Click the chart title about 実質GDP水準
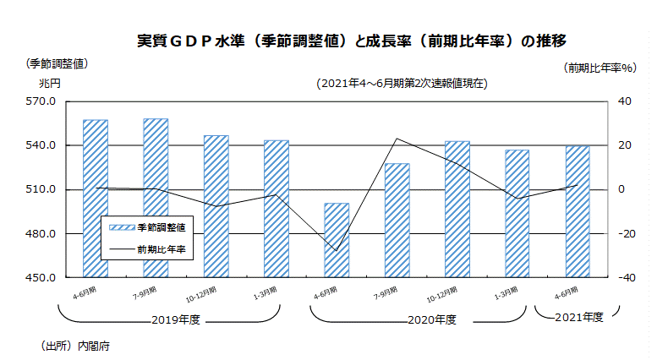350,41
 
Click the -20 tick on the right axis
628,233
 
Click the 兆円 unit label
49,83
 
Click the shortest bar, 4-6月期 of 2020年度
337,240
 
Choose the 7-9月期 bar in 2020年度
397,220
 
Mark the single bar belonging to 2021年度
578,211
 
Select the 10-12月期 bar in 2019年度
216,206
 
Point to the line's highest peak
397,139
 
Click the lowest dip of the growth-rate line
337,251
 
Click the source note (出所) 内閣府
75,346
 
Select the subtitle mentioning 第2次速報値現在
401,84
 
